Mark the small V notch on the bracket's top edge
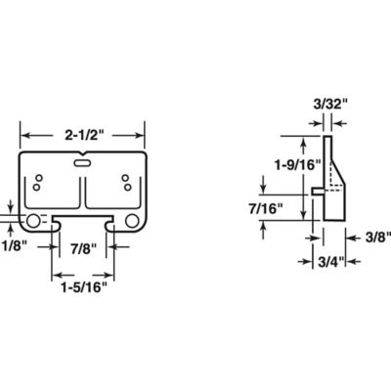click(85, 154)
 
